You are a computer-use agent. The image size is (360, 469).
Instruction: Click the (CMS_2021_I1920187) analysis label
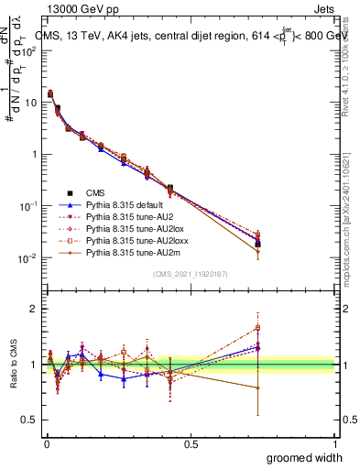[190, 274]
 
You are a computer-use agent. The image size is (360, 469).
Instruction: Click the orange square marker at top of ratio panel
[258, 327]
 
